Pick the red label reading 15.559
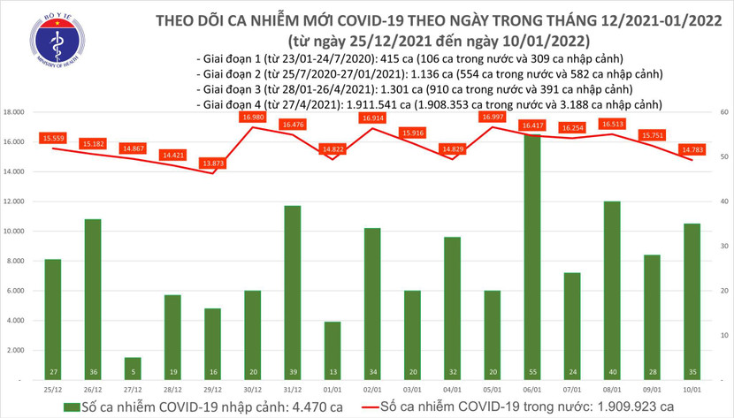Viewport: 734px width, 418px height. coord(51,139)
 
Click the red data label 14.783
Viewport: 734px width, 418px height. coord(693,151)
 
